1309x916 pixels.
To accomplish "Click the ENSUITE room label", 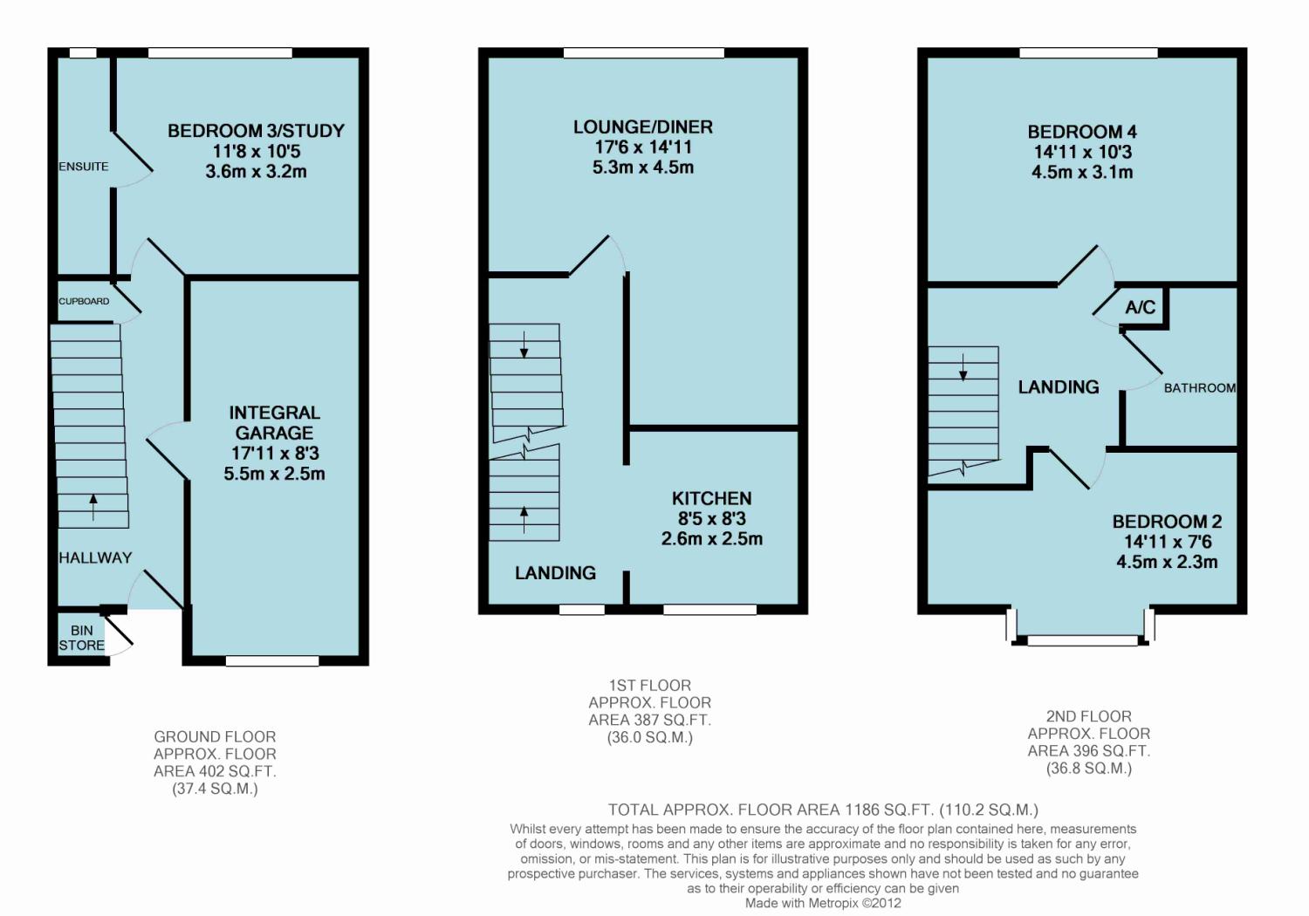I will point(84,167).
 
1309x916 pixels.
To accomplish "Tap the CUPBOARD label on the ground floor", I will point(84,302).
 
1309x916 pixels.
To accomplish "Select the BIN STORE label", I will point(81,638).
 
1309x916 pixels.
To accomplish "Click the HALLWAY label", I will point(95,558).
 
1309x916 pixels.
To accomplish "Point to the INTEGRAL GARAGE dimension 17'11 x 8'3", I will point(274,454).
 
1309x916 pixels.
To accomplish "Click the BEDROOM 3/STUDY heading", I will point(256,131).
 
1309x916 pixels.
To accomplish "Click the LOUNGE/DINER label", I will point(643,127).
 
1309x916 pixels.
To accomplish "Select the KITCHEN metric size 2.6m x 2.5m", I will point(711,539).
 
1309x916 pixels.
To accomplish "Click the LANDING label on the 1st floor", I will point(555,573).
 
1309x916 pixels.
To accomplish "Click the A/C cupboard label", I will point(1140,307).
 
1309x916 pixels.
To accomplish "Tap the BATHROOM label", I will point(1199,388).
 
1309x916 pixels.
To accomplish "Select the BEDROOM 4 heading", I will point(1082,133).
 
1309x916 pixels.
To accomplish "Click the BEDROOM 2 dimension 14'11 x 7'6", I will point(1167,542).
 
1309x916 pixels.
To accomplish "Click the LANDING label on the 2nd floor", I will point(1059,387).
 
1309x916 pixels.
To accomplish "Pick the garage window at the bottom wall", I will point(272,661).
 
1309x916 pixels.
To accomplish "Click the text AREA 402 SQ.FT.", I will point(215,771).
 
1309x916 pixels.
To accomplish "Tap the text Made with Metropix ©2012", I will point(823,904).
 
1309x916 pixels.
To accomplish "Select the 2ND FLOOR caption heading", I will point(1088,716).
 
